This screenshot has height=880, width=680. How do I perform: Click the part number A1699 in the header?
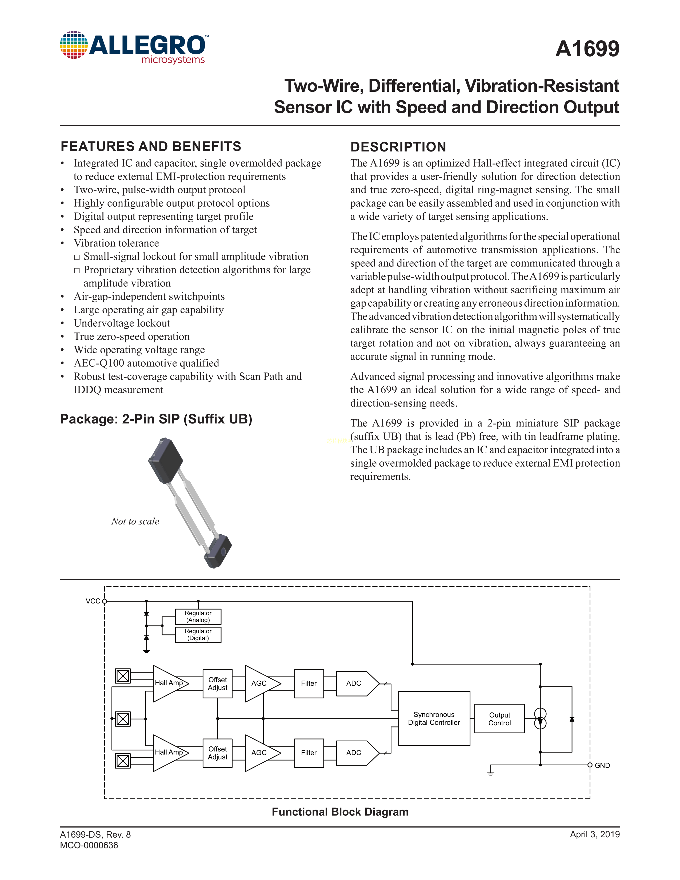coord(587,49)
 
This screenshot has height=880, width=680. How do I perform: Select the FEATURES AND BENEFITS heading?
coord(151,146)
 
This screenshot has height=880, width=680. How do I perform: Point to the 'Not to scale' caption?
coord(135,521)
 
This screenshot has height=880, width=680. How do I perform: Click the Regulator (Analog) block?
coord(198,617)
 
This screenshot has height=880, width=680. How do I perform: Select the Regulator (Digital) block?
coord(198,635)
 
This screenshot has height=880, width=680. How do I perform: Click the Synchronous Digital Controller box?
coord(434,718)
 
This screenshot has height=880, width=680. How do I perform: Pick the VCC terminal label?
coord(93,601)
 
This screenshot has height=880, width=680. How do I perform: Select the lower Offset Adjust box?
coord(218,753)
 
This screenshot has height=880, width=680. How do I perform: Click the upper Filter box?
coord(309,683)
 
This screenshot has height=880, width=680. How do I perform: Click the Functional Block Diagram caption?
coord(340,812)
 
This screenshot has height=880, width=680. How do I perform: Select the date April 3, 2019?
coord(595,834)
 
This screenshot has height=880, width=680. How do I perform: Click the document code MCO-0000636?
coord(89,845)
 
